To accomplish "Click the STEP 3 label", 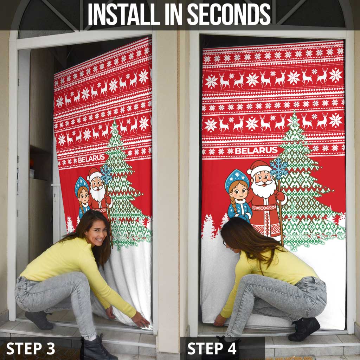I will coord(31,348).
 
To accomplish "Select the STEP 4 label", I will coord(212,348).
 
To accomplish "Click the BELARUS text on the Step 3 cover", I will coord(91,159).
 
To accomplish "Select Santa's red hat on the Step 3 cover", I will coord(94,174).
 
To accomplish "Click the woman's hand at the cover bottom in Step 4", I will coord(220,321).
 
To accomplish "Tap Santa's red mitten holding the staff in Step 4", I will coord(281,196).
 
